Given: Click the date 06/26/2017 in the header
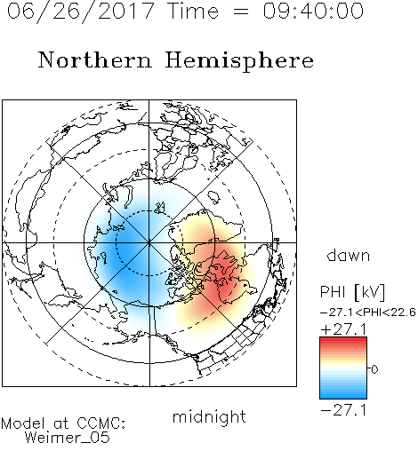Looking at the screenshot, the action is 80,12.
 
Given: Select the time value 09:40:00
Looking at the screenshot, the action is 313,11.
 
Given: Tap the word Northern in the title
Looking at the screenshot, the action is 95,59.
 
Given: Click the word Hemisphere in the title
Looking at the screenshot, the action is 239,61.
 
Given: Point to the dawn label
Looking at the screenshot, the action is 349,256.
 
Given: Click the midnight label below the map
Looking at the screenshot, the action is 209,417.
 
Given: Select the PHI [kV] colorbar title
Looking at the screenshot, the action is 352,292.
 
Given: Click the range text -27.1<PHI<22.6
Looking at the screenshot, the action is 368,313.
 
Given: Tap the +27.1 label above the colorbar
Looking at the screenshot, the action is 343,329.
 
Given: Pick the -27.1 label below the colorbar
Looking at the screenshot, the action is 343,410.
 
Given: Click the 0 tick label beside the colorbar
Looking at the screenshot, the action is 374,369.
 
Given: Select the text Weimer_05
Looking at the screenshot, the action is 68,437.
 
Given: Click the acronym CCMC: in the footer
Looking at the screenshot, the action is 101,423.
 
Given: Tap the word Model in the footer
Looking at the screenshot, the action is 23,423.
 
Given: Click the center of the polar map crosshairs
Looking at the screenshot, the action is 149,242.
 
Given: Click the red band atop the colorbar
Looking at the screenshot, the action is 343,340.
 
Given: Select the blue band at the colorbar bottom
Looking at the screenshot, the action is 343,395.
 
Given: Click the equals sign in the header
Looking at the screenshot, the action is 241,12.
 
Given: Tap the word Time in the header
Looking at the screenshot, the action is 193,11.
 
